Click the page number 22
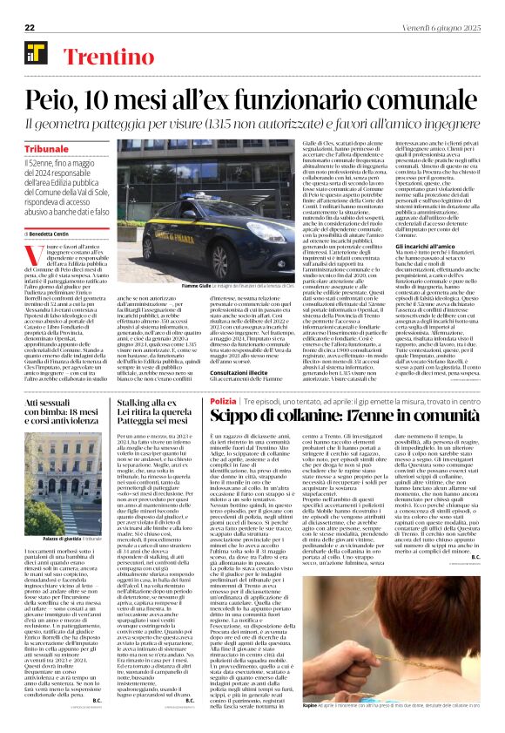tap(30, 28)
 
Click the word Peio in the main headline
tap(55, 99)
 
